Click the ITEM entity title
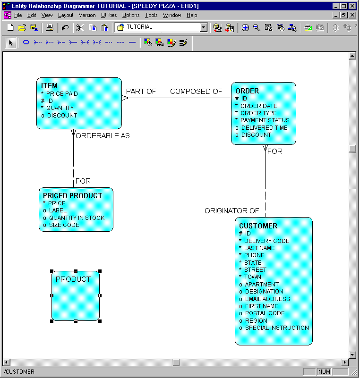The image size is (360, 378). point(49,86)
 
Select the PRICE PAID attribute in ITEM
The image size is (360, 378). point(62,94)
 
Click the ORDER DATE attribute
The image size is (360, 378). point(258,106)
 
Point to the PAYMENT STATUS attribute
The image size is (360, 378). point(265,120)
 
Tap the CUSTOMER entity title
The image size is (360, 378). point(258,226)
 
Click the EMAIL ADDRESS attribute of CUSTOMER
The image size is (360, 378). point(267,299)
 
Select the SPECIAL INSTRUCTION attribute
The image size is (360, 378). point(276,328)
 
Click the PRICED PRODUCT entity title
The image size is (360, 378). point(72,196)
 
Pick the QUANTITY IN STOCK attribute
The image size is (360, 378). point(77,218)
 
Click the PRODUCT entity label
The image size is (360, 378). point(73,279)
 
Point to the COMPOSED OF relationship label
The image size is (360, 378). point(196,92)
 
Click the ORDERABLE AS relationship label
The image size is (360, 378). point(103,136)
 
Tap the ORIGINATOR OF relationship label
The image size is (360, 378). point(231,211)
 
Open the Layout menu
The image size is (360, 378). point(66,15)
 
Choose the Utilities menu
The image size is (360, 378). point(109,15)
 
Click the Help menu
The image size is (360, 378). point(192,15)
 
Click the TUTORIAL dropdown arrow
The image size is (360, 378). point(204,28)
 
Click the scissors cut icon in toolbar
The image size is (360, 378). point(80,28)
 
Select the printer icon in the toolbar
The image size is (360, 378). point(49,28)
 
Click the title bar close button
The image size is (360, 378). point(352,6)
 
